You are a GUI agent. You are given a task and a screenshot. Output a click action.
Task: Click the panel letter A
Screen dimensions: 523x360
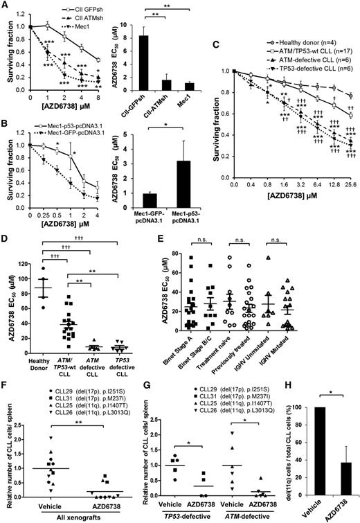click(x=6, y=6)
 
